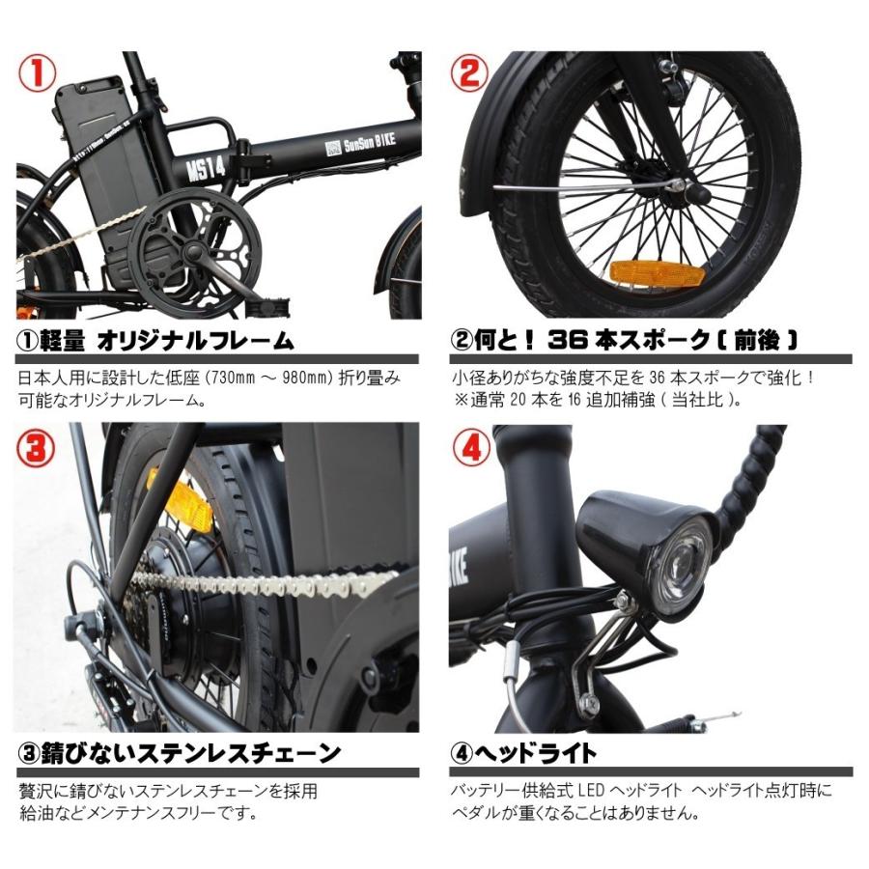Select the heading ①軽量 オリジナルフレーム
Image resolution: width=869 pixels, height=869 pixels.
pos(155,340)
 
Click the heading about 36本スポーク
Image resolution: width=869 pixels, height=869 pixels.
pos(624,340)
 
